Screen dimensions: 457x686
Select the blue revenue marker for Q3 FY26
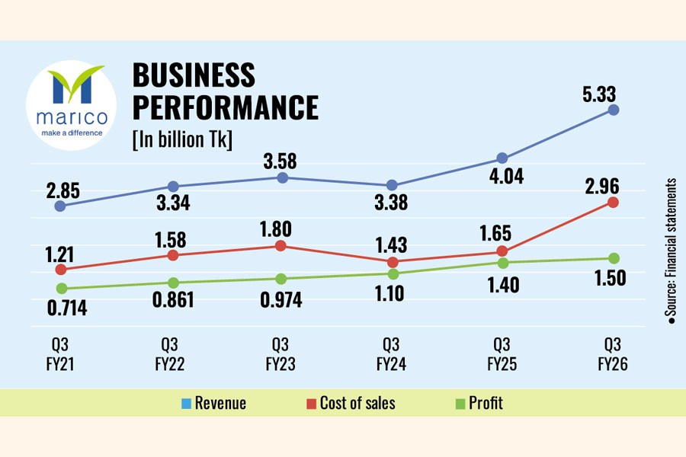pyautogui.click(x=614, y=110)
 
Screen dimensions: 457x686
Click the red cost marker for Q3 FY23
pyautogui.click(x=280, y=246)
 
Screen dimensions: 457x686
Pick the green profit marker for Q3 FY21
pyautogui.click(x=62, y=288)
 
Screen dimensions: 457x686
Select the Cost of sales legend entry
pyautogui.click(x=351, y=403)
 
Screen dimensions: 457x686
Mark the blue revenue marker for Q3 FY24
pyautogui.click(x=392, y=185)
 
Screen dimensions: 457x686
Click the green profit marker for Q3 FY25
pyautogui.click(x=503, y=263)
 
